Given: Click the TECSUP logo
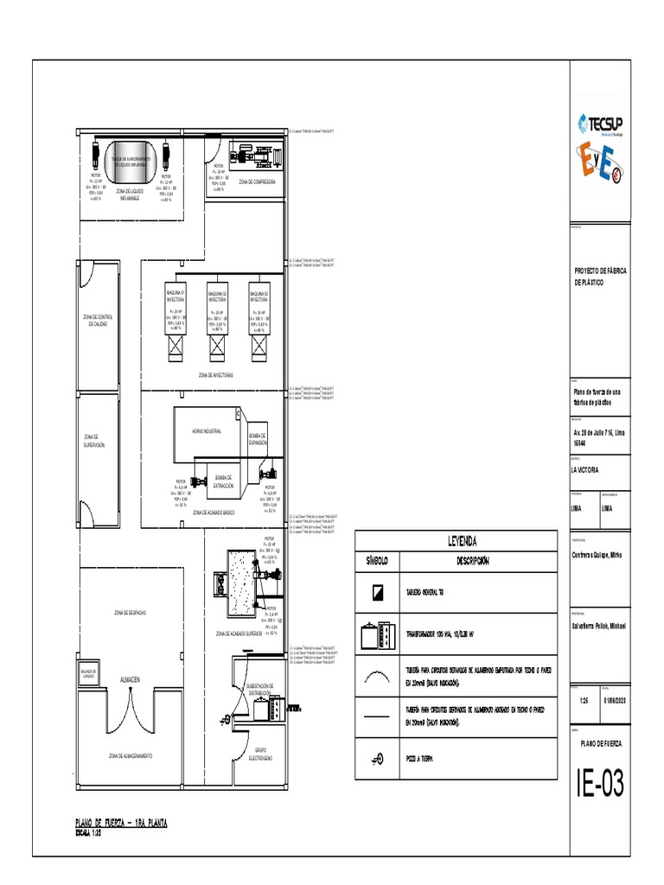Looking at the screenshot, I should point(603,123).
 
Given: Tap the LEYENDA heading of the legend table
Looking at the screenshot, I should point(461,542).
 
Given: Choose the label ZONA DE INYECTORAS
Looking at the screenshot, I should point(215,375).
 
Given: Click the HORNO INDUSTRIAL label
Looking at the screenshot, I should point(207,430).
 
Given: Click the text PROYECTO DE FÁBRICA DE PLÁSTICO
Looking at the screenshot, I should point(601,277).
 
